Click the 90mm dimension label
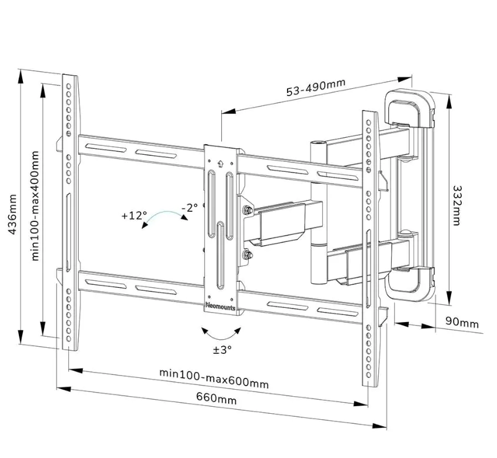point(461,323)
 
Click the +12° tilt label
point(134,215)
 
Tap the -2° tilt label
point(189,208)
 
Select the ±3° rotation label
point(222,350)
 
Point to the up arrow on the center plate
point(220,165)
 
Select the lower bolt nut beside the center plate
point(247,255)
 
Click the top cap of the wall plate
point(410,107)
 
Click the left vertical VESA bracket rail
point(69,212)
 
